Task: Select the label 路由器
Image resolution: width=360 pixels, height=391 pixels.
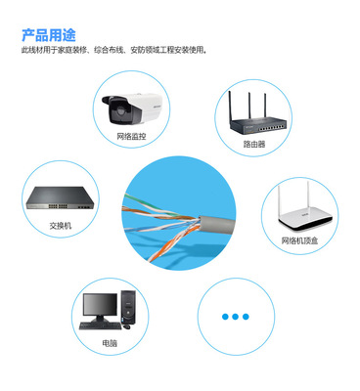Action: tap(254, 144)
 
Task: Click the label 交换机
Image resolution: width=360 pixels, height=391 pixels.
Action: tap(61, 225)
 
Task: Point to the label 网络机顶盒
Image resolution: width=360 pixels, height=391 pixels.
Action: tap(301, 239)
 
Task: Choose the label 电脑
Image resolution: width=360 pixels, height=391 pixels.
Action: tap(110, 343)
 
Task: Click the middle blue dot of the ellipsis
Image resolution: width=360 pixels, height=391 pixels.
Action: tap(236, 317)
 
